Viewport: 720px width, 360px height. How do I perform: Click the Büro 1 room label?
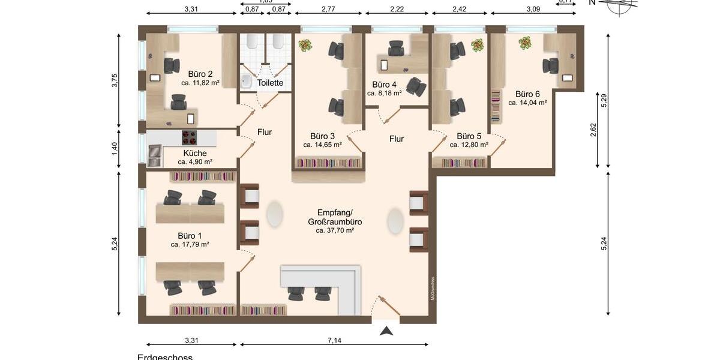[190, 235]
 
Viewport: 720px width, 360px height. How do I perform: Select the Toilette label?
[270, 83]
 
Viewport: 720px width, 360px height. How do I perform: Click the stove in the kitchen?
[190, 138]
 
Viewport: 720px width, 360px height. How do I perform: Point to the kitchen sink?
[154, 155]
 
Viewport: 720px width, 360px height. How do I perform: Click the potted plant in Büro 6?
[525, 43]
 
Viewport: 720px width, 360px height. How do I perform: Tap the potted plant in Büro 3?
[305, 45]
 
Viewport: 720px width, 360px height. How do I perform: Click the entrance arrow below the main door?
[387, 330]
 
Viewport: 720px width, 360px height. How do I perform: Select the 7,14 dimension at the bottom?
[335, 340]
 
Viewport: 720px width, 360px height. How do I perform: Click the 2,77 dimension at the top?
[328, 9]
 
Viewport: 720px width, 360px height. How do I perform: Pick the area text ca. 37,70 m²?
[335, 230]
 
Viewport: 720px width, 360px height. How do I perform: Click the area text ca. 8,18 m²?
[385, 94]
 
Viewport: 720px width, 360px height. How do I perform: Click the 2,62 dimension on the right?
[593, 130]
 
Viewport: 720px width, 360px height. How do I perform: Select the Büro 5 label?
[469, 136]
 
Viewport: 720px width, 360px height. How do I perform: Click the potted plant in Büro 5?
[478, 45]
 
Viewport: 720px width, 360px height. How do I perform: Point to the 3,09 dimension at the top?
[533, 9]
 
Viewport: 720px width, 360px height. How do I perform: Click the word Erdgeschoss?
[165, 358]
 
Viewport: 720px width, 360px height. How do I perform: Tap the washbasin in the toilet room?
[247, 82]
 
